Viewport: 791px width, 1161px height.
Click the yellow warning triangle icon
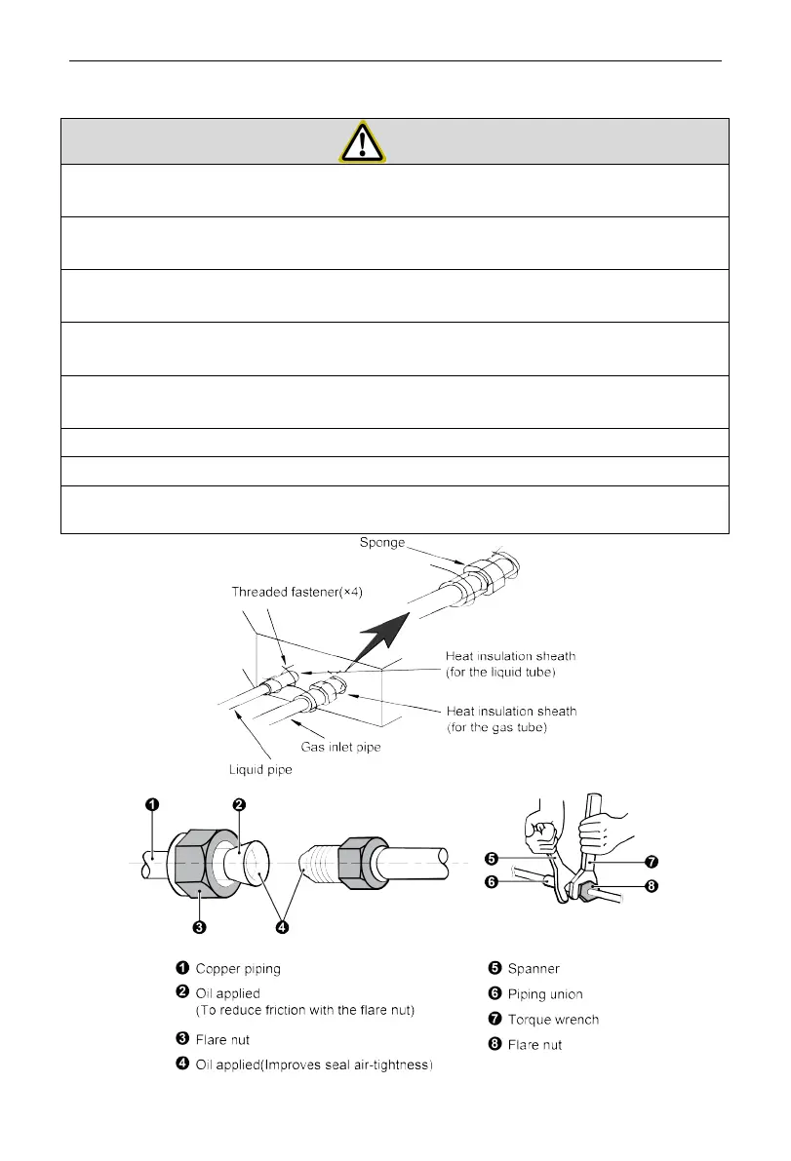pyautogui.click(x=362, y=141)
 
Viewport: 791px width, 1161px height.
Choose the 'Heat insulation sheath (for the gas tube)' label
pyautogui.click(x=509, y=719)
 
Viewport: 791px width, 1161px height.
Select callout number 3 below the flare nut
pyautogui.click(x=198, y=927)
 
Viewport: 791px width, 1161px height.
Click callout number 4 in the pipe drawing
pyautogui.click(x=282, y=927)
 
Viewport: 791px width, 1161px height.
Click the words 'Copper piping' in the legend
pyautogui.click(x=239, y=968)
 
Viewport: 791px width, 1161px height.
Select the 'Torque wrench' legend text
pyautogui.click(x=553, y=1020)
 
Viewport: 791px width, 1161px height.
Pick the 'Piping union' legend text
pyautogui.click(x=545, y=994)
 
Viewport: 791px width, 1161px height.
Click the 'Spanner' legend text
pyautogui.click(x=534, y=968)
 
